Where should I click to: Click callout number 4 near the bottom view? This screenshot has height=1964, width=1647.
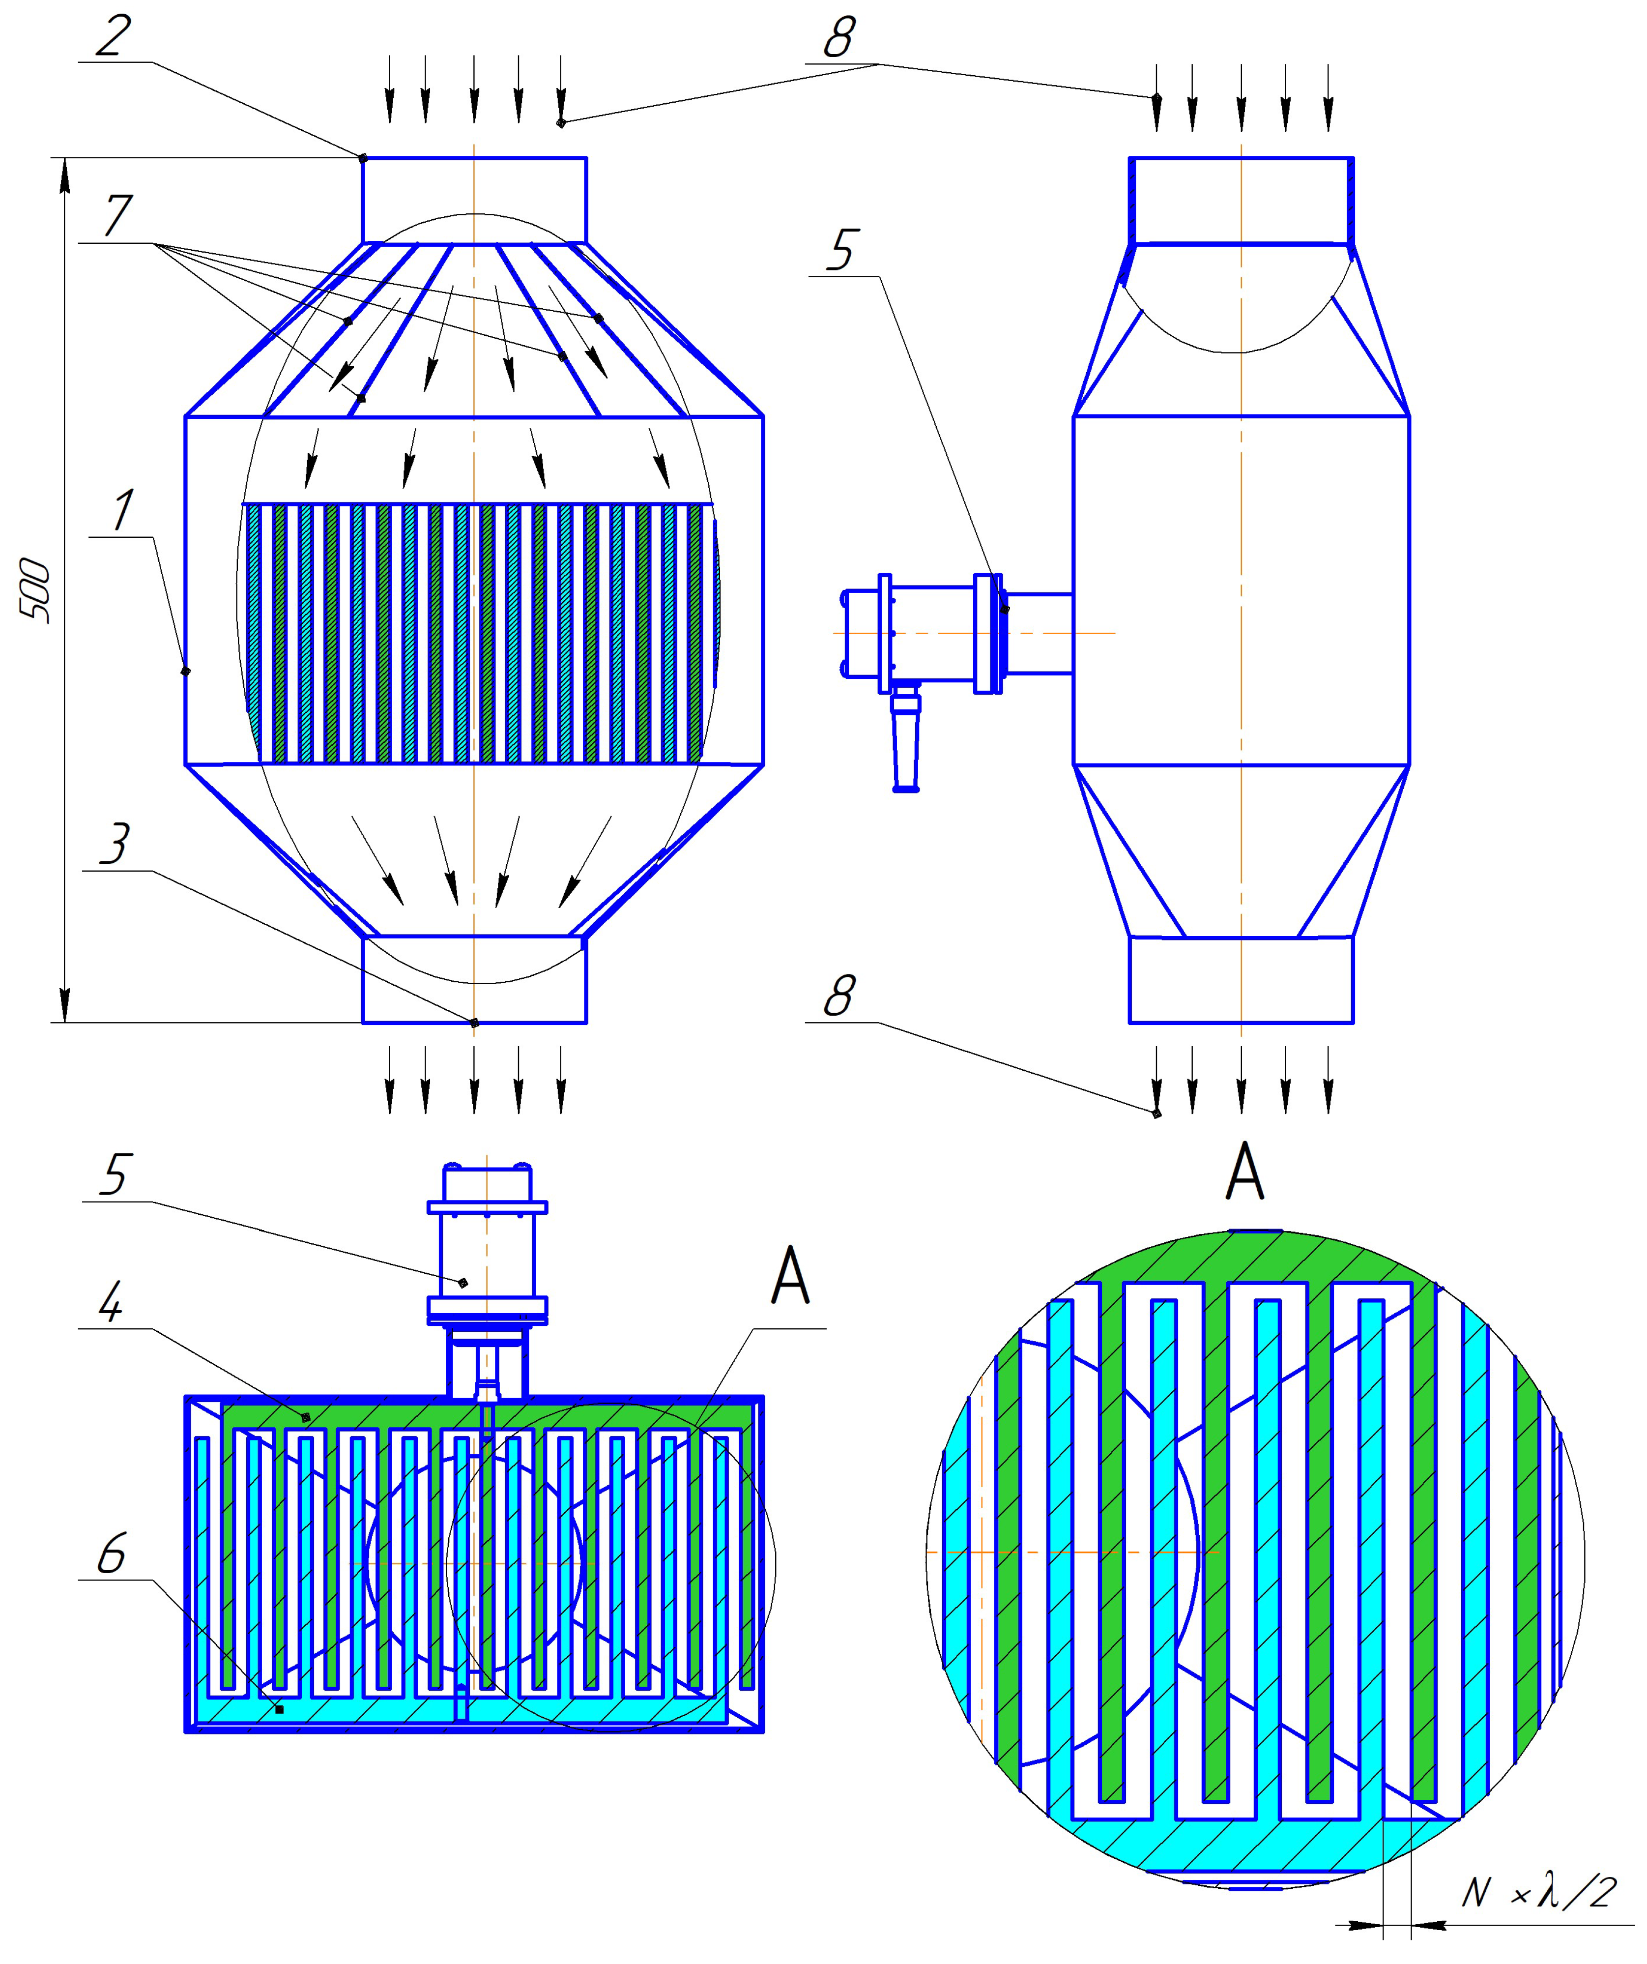[x=111, y=1302]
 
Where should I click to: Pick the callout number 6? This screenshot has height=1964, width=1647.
[x=111, y=1554]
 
